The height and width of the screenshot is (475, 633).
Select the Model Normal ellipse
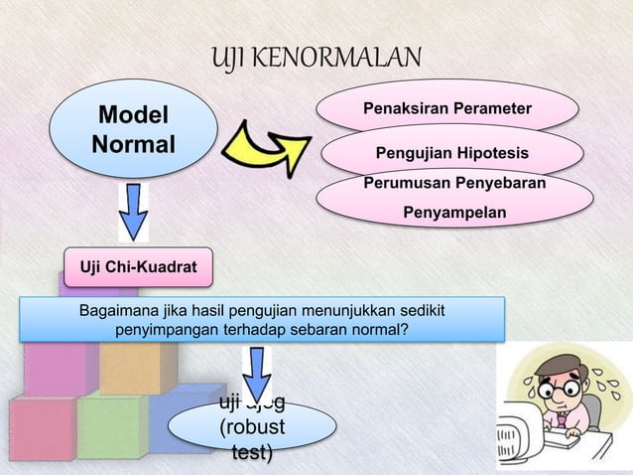coord(132,130)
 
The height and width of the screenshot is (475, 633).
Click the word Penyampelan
coord(453,213)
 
